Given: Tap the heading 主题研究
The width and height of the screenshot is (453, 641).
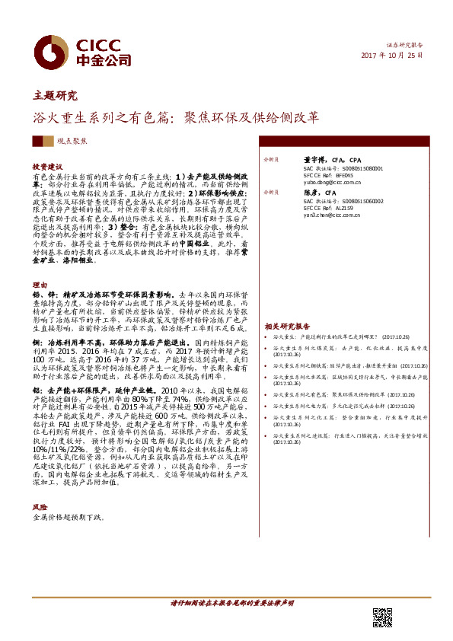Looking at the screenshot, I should [55, 96].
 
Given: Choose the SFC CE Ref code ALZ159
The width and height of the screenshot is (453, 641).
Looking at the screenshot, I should [340, 208].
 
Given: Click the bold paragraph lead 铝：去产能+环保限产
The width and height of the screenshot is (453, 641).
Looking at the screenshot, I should [76, 389].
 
